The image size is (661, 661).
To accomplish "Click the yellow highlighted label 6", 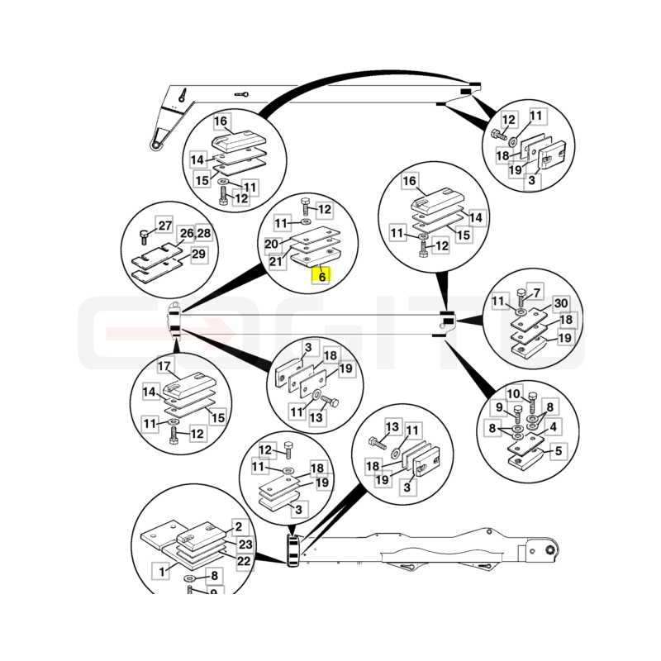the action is (321, 276).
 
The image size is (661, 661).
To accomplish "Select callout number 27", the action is (164, 226).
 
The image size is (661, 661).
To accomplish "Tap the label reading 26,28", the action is (195, 234).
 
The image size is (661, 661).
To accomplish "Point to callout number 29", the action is (198, 254).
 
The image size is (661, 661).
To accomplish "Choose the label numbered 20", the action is (272, 244).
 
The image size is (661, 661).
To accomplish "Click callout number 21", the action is (276, 262).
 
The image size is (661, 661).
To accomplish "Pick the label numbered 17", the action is (164, 366).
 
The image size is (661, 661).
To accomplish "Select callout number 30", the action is (561, 303).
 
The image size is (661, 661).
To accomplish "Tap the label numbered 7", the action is (536, 292).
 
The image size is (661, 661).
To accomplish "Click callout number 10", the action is (513, 394).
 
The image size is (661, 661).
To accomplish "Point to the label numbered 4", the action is (553, 427).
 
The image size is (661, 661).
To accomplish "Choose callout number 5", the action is (559, 451).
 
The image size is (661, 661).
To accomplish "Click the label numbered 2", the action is (239, 526).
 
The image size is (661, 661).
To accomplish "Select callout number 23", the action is (245, 544).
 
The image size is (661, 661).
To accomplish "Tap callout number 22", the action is (244, 562).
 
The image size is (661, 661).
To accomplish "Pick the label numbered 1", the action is (161, 572).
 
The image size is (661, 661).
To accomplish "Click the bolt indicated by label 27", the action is (144, 237).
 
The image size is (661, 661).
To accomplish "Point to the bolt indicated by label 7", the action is (521, 297).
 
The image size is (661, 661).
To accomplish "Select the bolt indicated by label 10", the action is (532, 402).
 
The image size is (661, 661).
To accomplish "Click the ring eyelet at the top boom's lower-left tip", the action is (155, 146).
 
